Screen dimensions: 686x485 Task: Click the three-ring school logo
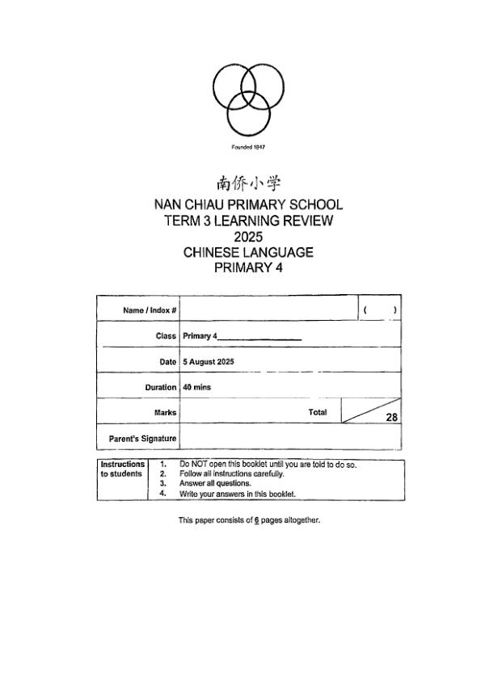pos(248,97)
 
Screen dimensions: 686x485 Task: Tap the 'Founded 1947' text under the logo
pos(248,147)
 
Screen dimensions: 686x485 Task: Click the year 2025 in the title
pos(248,237)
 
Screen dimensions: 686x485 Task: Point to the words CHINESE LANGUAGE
pos(248,252)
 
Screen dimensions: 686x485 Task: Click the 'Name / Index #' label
pos(150,310)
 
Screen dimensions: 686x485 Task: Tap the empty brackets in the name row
pos(379,309)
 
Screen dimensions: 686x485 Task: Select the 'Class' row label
pos(166,336)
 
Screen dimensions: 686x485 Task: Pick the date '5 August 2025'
pos(209,362)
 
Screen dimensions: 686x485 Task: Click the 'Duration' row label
pos(161,388)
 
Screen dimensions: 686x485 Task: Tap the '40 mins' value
pos(196,388)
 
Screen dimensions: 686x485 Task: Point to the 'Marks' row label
pos(165,413)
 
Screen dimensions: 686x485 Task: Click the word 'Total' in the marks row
pos(318,412)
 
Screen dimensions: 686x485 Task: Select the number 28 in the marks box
pos(391,418)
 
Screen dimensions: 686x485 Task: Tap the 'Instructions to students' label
pos(122,469)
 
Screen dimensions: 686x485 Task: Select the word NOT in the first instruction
pos(198,465)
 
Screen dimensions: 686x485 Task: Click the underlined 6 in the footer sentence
pos(256,520)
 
